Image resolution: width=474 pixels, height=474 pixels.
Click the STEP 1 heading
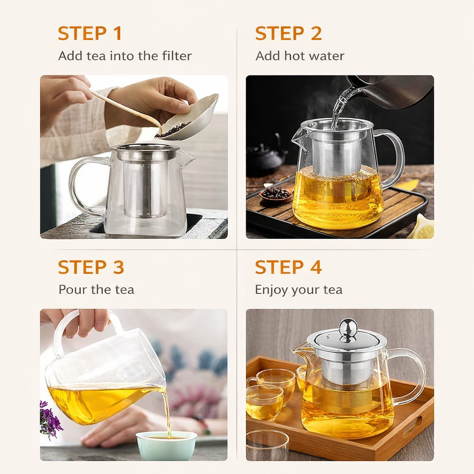[90, 33]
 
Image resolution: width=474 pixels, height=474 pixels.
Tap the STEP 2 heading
[288, 33]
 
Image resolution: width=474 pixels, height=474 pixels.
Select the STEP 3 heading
[91, 267]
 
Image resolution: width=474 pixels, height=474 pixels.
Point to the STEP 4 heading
[288, 267]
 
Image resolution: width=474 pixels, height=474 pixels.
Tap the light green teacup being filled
[166, 445]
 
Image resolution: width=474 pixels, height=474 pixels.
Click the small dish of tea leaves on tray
[276, 196]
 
